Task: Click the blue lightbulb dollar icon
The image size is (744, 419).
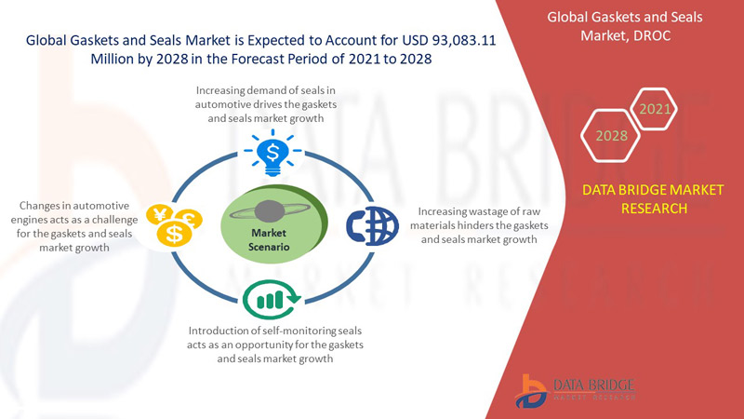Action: coord(272,152)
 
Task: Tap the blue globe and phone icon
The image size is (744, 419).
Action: coord(373,225)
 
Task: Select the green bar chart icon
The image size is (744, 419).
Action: coord(272,299)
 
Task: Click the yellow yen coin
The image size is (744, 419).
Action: coord(160,214)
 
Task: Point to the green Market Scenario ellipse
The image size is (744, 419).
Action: coord(274,223)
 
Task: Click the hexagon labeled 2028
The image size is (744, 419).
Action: coord(611,135)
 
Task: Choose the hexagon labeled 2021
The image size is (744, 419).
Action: coord(655,109)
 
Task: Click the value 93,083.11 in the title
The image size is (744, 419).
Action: coord(464,40)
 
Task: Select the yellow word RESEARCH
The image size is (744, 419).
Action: coord(655,209)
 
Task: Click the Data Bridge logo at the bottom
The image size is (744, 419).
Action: coord(575,391)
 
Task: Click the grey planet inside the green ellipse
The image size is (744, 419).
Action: coord(270,211)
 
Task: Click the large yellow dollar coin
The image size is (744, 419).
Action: coord(175,234)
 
